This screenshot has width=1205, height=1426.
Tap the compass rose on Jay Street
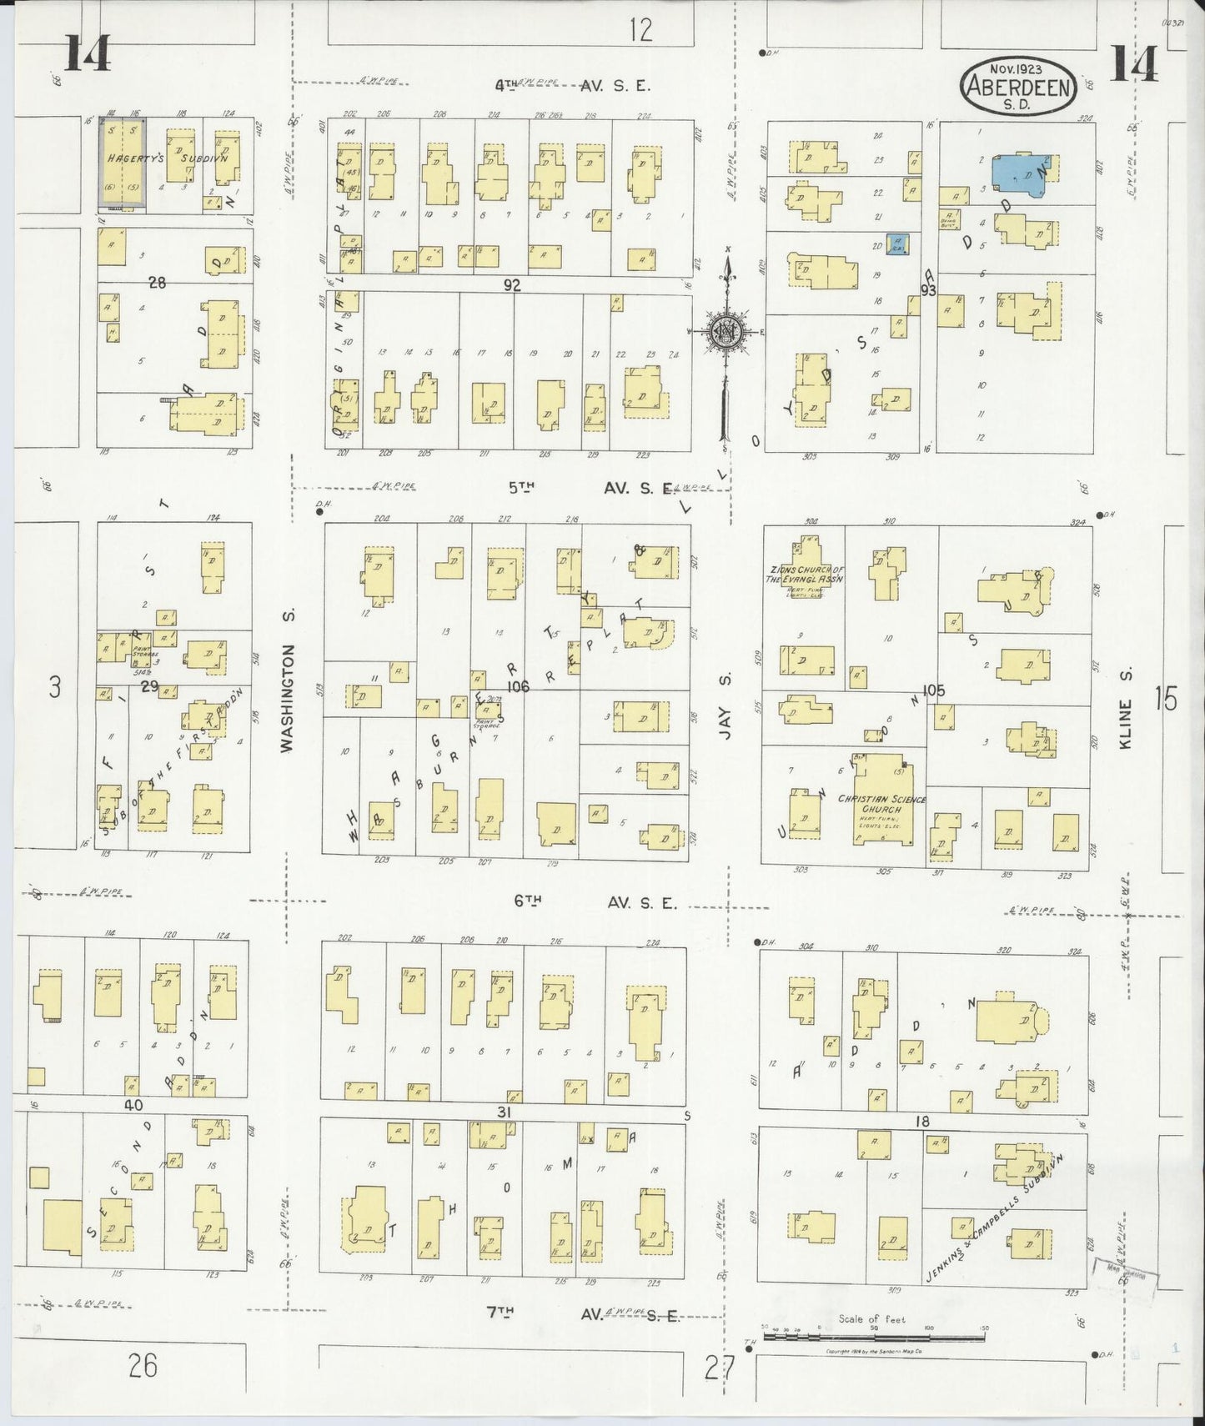727,332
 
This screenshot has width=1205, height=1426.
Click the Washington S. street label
289,697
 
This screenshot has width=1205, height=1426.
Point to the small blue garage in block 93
897,244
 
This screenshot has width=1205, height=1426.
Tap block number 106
518,686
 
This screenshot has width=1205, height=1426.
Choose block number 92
511,285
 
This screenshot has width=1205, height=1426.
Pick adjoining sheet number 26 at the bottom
143,1366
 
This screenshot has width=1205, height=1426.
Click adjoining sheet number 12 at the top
640,30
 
